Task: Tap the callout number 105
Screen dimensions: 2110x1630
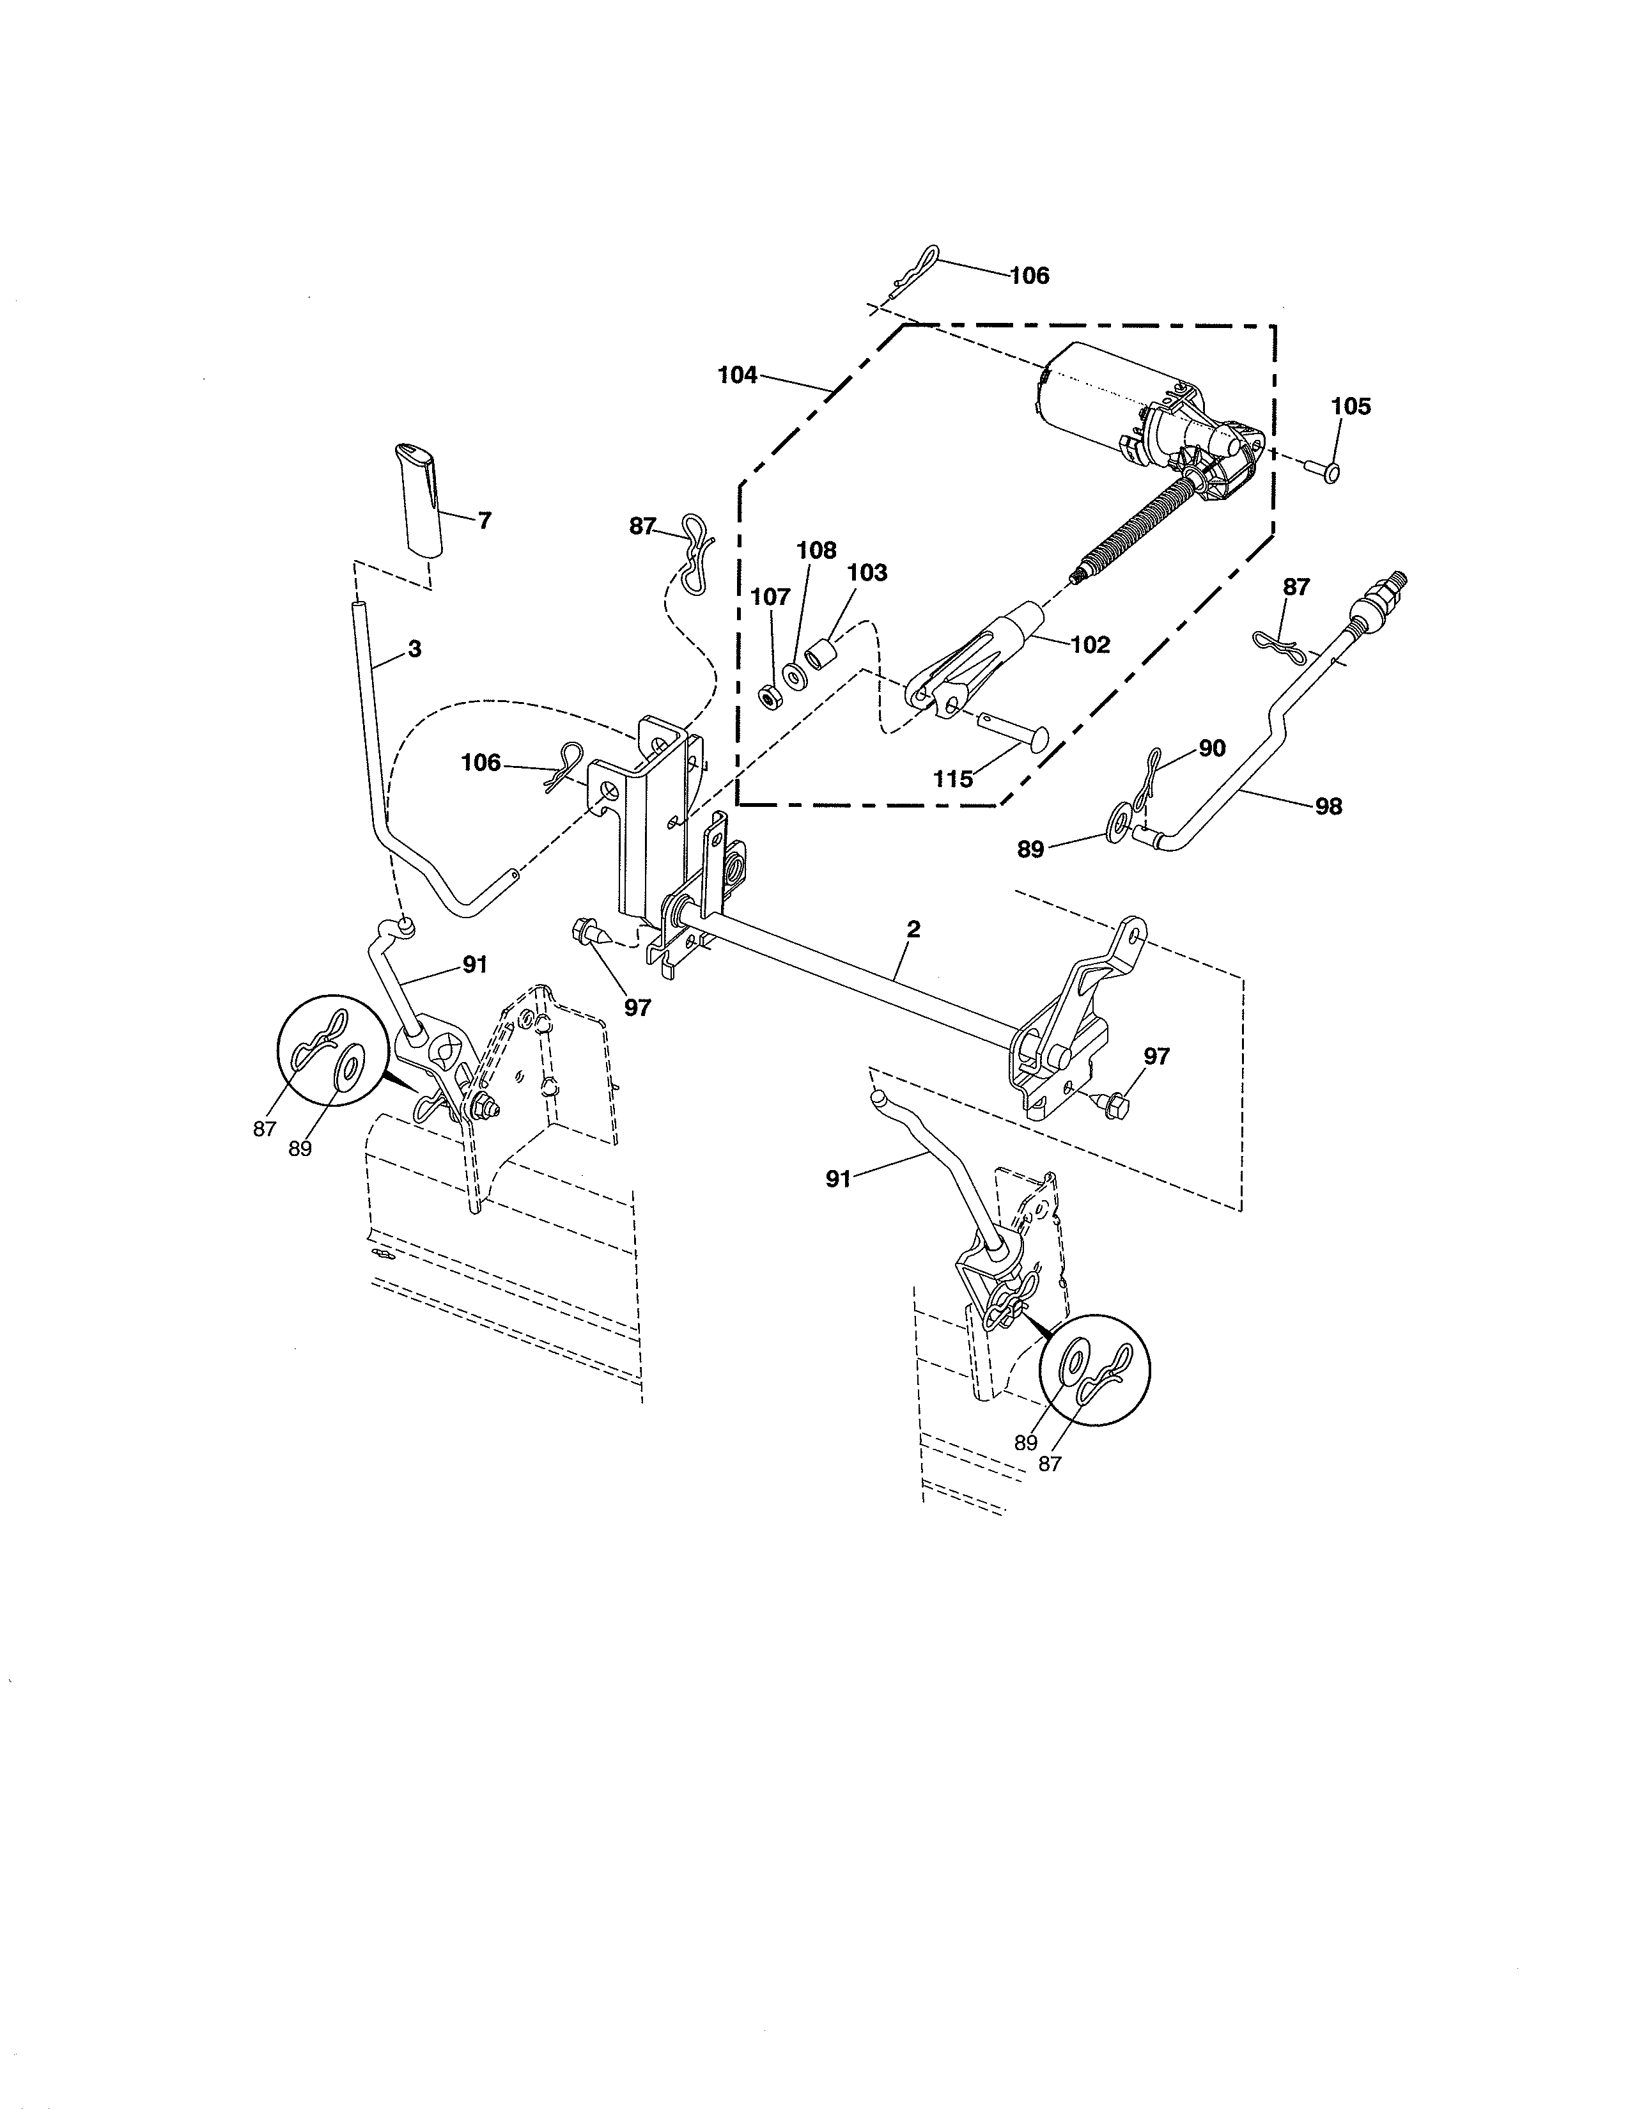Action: click(x=1350, y=407)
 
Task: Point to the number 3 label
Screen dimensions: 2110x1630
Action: click(x=414, y=649)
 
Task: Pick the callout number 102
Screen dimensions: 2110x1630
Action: click(x=1091, y=645)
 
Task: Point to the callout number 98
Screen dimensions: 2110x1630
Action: click(x=1329, y=806)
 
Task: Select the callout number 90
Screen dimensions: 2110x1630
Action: click(x=1212, y=748)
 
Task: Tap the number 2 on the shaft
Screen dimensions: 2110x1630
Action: click(x=913, y=930)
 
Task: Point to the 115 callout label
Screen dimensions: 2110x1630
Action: click(x=952, y=779)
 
